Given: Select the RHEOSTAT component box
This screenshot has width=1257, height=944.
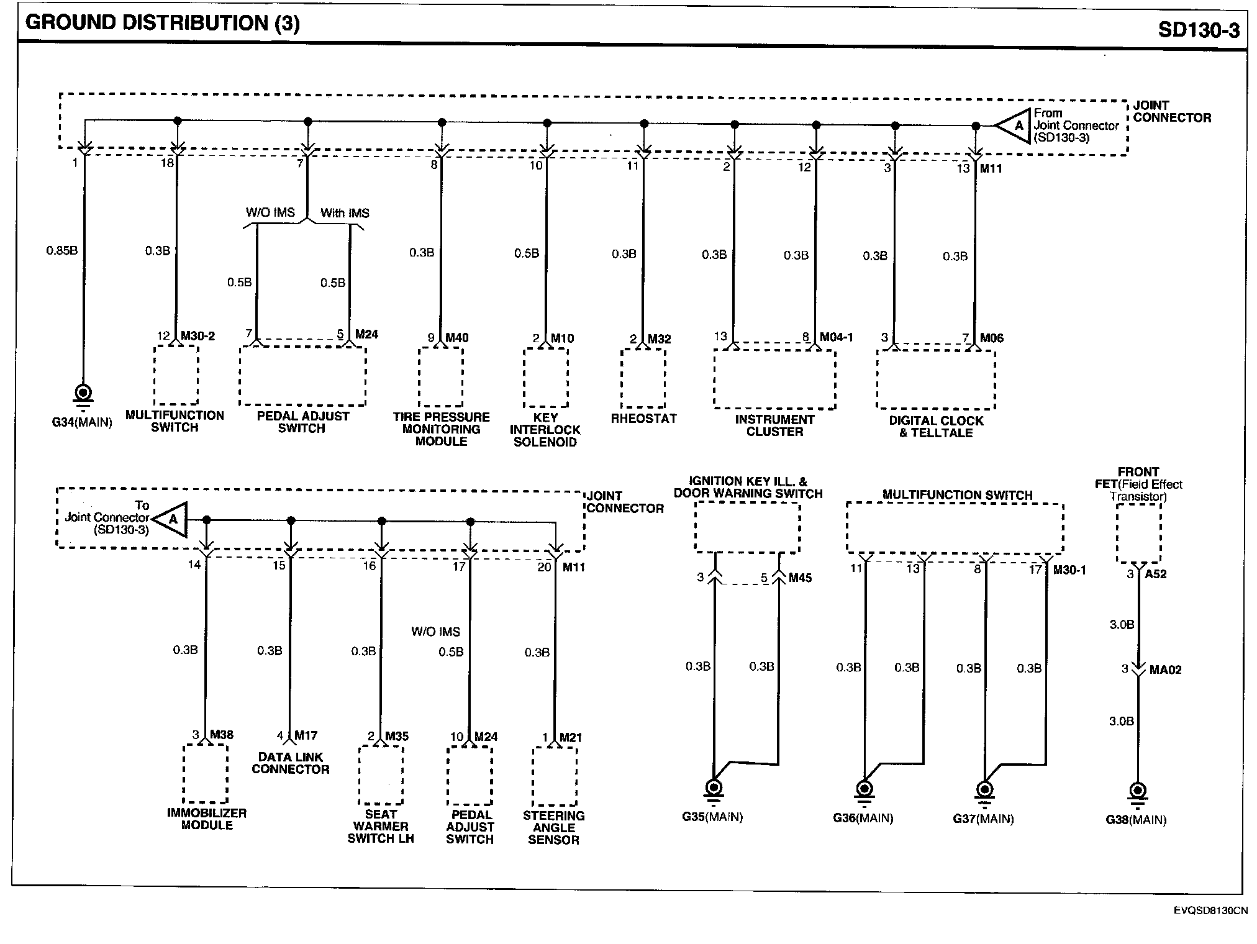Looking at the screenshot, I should (x=643, y=378).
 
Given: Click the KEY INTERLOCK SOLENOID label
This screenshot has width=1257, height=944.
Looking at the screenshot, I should (x=545, y=430).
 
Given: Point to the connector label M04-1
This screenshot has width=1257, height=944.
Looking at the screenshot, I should (x=836, y=337).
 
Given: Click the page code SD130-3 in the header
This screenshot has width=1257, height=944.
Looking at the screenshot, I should (x=1198, y=30).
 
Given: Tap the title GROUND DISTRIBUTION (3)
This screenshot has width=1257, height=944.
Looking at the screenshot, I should (x=162, y=23).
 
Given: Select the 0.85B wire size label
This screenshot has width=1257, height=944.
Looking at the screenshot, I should (x=61, y=251).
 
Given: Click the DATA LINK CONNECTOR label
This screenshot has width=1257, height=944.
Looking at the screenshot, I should (x=290, y=763).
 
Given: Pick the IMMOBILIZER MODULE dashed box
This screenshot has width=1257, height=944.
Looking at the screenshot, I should (x=206, y=773).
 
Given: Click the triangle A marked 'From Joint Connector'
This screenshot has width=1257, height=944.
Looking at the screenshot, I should (x=1014, y=125).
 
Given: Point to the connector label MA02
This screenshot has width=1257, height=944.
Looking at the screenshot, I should (x=1165, y=669).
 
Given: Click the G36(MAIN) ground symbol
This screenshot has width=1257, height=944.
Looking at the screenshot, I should (x=864, y=789).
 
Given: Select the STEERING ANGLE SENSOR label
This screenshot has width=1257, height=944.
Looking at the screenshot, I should (x=553, y=828).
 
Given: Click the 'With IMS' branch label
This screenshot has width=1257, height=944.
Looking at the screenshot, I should (x=345, y=213).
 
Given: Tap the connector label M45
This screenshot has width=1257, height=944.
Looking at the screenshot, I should (x=800, y=578).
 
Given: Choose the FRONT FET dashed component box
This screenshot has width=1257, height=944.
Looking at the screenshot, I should (x=1138, y=533).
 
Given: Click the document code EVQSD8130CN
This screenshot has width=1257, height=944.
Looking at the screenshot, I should (x=1210, y=911).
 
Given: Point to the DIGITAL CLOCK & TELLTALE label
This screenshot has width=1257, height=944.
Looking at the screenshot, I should (x=936, y=427).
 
